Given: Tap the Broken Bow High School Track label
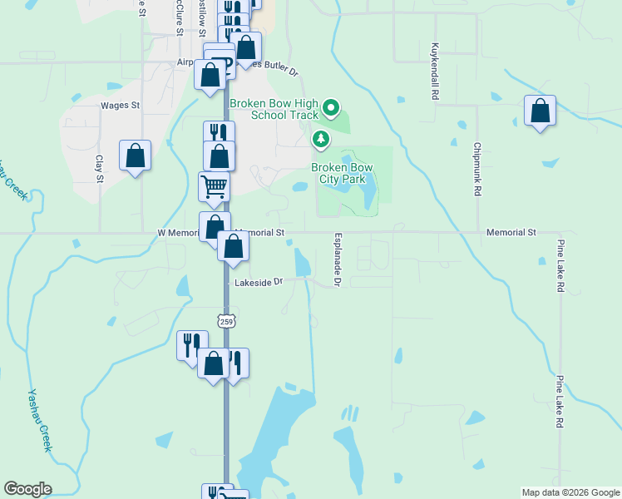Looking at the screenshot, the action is (x=274, y=108).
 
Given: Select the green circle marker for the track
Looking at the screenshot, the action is (x=331, y=106).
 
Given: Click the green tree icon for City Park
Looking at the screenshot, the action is (x=320, y=138).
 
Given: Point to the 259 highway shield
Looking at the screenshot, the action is (x=226, y=320).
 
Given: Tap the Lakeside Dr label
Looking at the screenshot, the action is (x=259, y=282).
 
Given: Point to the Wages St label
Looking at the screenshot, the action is (x=120, y=106).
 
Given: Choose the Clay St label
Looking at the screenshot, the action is (x=99, y=169).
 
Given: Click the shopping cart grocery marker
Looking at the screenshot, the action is (x=214, y=186).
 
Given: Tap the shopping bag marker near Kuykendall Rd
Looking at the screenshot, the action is (x=540, y=110).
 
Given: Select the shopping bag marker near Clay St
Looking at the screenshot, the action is (x=135, y=156).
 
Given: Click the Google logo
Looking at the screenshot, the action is (x=27, y=489).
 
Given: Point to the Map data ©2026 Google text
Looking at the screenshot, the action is (x=570, y=492).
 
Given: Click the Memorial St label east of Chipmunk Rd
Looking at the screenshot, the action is (x=511, y=233).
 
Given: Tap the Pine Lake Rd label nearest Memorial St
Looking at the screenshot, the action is (x=560, y=266).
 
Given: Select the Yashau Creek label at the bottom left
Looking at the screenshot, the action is (x=40, y=420).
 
